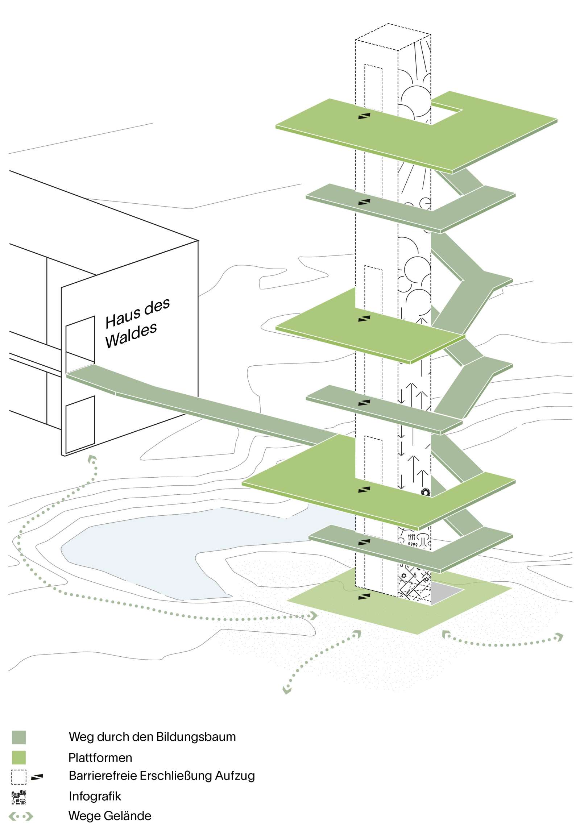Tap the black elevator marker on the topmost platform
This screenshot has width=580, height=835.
coord(364,116)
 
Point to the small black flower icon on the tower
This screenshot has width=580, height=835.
coord(425,493)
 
